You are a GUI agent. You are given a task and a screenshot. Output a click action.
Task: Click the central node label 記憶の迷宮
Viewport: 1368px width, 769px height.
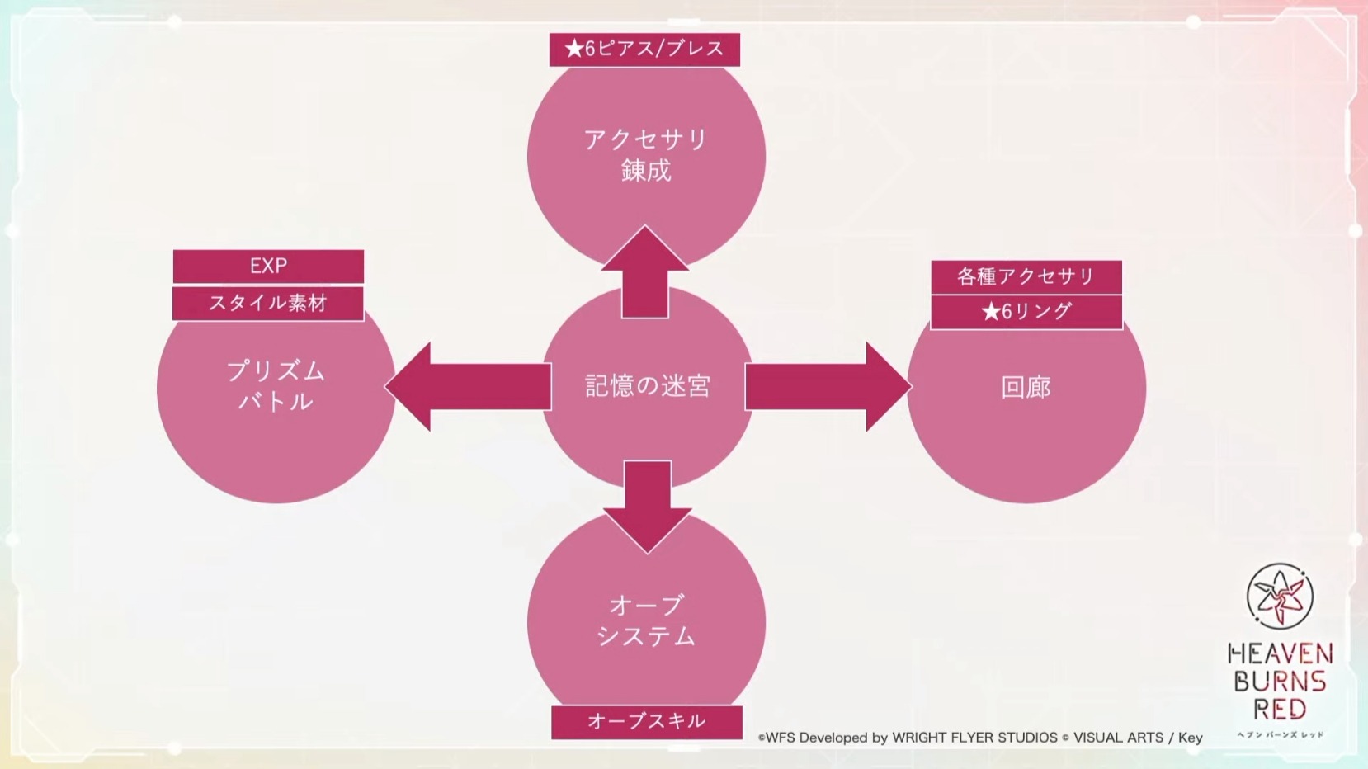[648, 386]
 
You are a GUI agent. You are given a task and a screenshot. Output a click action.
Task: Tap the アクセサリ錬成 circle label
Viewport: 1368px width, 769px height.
[646, 155]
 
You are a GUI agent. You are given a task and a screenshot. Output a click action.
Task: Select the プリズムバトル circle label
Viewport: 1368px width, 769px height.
[276, 386]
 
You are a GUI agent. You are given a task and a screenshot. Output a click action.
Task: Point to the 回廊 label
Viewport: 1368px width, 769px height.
[1026, 387]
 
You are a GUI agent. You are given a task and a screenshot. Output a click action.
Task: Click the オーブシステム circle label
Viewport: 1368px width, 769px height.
[646, 620]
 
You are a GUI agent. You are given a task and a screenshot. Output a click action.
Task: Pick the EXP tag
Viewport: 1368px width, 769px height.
[269, 267]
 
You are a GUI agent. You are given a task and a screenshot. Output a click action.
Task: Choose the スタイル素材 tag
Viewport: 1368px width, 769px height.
[268, 304]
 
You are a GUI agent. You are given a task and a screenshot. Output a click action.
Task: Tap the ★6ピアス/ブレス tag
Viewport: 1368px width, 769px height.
[644, 50]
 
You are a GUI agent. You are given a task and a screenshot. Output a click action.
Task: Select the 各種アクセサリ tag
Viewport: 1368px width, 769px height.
[1026, 277]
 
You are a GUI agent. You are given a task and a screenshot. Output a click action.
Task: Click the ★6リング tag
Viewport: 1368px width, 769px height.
[1026, 312]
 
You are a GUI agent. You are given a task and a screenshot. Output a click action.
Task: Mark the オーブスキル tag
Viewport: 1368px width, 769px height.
[647, 722]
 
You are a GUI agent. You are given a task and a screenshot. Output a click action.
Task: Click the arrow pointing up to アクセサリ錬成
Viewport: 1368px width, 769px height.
[645, 271]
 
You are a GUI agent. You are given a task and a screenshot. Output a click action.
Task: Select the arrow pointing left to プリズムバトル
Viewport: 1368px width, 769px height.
[468, 387]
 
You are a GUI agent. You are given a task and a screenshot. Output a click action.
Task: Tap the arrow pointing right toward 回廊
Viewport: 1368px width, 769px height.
[828, 387]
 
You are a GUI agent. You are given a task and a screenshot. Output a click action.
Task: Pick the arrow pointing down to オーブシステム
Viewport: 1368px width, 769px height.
[648, 507]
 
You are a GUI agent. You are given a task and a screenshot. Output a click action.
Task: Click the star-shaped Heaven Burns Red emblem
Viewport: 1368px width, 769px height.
[1280, 597]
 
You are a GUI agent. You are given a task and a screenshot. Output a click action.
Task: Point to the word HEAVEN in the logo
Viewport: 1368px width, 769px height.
[1280, 654]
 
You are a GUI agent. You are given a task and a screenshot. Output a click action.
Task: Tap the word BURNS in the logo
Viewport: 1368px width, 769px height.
[1280, 682]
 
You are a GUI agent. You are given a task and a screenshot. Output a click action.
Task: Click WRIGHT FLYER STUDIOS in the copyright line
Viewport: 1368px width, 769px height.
[974, 738]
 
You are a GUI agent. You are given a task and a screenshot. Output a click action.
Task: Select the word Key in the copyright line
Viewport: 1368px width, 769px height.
[1191, 738]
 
